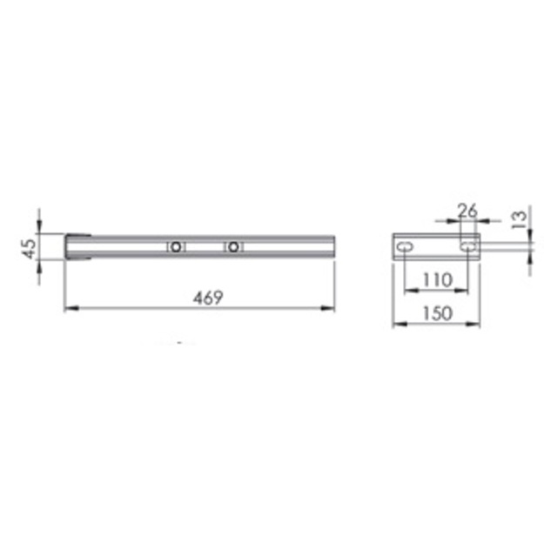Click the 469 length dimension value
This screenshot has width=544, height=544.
click(x=208, y=298)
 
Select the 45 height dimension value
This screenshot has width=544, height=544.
click(x=29, y=248)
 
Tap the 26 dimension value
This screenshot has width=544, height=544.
click(x=467, y=211)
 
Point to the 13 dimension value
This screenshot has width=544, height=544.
click(x=520, y=220)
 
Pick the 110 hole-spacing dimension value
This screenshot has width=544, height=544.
click(x=438, y=280)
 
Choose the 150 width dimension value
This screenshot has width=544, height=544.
click(x=438, y=313)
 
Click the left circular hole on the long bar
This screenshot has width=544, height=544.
click(x=176, y=247)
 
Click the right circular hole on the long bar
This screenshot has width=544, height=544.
click(x=233, y=247)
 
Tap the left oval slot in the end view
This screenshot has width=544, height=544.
click(x=405, y=247)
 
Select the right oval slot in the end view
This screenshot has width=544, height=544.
click(x=468, y=247)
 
